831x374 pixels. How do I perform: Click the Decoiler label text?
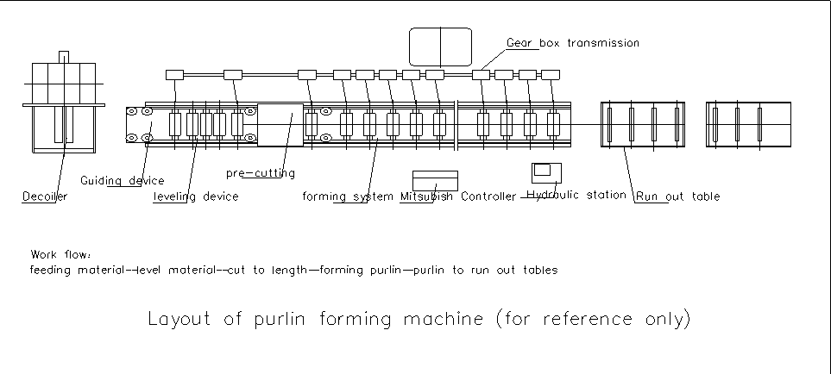[44, 197]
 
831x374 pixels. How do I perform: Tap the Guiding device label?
[122, 181]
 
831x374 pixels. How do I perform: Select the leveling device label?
[196, 197]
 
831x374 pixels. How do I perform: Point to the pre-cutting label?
[261, 173]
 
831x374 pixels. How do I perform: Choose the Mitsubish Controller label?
[458, 197]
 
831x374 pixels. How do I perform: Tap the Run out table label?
[678, 197]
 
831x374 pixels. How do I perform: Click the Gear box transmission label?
[573, 42]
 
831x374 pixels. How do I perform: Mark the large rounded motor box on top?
[440, 47]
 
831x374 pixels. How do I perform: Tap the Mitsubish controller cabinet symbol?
[435, 180]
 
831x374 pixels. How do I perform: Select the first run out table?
[642, 125]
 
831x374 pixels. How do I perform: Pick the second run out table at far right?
[748, 125]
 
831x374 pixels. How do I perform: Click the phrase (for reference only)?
[593, 320]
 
